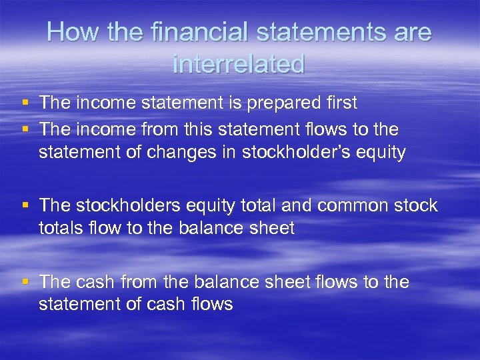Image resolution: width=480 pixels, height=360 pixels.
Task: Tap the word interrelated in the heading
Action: click(x=239, y=64)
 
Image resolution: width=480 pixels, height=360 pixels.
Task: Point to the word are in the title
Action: click(x=409, y=33)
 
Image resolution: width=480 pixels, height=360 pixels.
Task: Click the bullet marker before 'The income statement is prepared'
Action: click(x=25, y=103)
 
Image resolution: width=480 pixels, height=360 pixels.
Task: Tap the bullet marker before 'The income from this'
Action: click(x=25, y=128)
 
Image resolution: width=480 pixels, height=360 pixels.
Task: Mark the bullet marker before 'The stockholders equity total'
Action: click(x=25, y=205)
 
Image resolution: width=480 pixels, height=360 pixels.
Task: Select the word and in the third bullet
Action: click(x=297, y=205)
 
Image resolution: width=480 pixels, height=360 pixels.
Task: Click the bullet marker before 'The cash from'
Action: click(x=25, y=282)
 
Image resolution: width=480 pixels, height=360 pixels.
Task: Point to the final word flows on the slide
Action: click(x=210, y=305)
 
